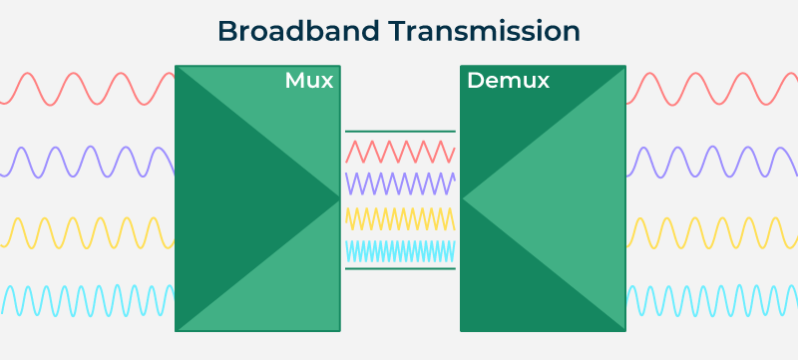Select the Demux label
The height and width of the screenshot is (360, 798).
pos(508,81)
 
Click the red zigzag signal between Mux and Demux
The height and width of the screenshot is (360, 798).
pos(400,152)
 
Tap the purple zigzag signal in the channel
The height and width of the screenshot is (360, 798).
pos(400,183)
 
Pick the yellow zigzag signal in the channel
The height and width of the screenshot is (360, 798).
pos(400,217)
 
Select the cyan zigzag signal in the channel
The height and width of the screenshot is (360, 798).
pos(400,250)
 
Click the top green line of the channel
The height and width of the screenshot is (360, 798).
pos(400,131)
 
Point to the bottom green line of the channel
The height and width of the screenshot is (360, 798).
pos(400,268)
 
